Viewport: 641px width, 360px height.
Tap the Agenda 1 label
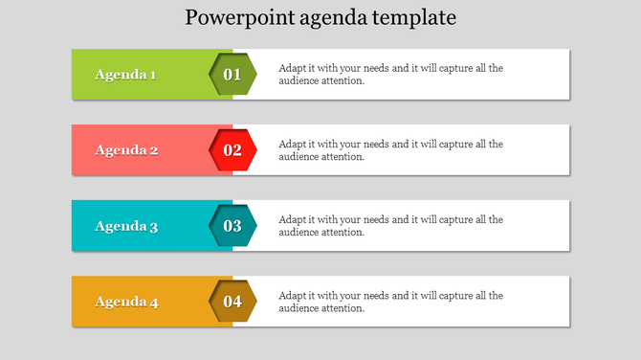[126, 75]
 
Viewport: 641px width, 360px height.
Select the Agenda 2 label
[126, 150]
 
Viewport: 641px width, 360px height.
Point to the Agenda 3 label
[126, 227]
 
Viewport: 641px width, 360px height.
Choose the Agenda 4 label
[126, 303]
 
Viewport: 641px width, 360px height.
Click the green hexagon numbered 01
[232, 75]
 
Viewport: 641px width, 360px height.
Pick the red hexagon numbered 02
[232, 150]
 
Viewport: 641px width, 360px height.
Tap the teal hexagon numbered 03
[232, 227]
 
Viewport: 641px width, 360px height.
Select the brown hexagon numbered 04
[232, 303]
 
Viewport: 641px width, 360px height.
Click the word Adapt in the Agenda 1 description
[292, 68]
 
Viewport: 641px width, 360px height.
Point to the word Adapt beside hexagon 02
[292, 144]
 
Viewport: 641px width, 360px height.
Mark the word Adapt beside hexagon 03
[292, 219]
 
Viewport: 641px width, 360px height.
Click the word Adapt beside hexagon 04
[292, 296]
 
